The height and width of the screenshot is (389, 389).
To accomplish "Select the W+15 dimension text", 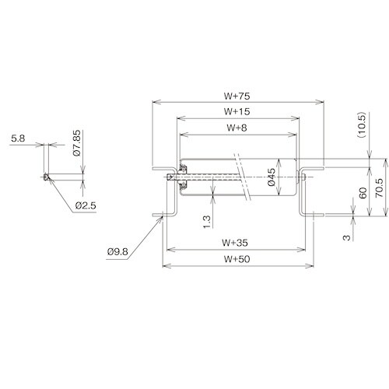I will coord(237,111).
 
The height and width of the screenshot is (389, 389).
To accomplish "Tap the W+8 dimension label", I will coord(237,127).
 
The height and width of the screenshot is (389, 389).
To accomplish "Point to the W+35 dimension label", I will coord(237,243).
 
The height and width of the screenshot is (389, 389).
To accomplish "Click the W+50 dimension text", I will coord(237,259).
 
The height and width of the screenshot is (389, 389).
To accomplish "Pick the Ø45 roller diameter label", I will coord(272,178).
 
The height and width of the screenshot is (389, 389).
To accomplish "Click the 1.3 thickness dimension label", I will coord(206,222).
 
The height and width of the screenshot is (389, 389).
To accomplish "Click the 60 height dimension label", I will coord(362,193).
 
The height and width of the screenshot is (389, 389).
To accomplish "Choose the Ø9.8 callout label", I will coord(118,251).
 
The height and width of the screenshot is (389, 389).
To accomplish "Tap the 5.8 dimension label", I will coord(17,139).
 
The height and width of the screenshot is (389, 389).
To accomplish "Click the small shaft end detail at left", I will coord(47,177).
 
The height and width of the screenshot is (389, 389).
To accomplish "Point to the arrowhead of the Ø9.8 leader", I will coord(162,217).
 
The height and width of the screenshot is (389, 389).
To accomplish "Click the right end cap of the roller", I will coord(299,177).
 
